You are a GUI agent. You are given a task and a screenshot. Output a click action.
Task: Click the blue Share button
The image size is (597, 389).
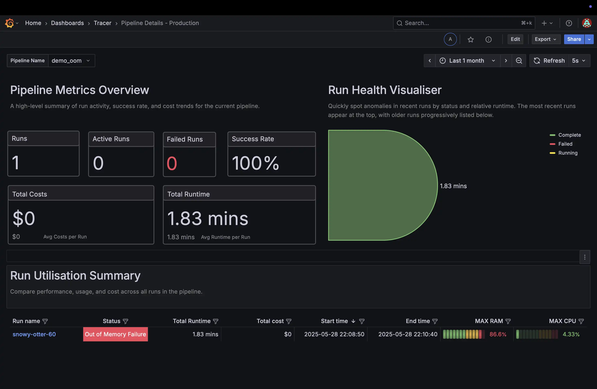tap(574, 39)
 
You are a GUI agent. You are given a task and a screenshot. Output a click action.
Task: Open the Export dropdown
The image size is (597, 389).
tap(546, 39)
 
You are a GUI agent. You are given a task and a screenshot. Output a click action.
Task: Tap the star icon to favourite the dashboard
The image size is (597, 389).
tap(470, 39)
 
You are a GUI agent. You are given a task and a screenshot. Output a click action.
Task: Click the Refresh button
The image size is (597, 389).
tap(549, 61)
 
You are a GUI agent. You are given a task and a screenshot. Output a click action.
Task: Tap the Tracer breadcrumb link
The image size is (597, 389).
tap(102, 23)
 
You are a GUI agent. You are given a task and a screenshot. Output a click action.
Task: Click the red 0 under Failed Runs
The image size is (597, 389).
tap(172, 163)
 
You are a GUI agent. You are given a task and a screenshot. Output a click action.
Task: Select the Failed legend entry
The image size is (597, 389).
tap(565, 144)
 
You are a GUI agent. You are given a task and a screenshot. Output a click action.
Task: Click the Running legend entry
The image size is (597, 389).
tap(567, 153)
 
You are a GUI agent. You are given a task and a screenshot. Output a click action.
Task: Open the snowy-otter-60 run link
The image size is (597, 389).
tap(34, 334)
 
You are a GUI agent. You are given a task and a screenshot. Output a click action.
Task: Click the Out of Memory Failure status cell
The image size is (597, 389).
tap(115, 334)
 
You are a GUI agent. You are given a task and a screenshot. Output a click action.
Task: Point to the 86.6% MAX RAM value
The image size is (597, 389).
tap(498, 334)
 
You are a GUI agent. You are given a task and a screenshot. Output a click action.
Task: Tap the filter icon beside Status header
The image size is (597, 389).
tap(125, 321)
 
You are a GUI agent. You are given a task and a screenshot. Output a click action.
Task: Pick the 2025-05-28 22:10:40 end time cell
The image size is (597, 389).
tap(408, 334)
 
